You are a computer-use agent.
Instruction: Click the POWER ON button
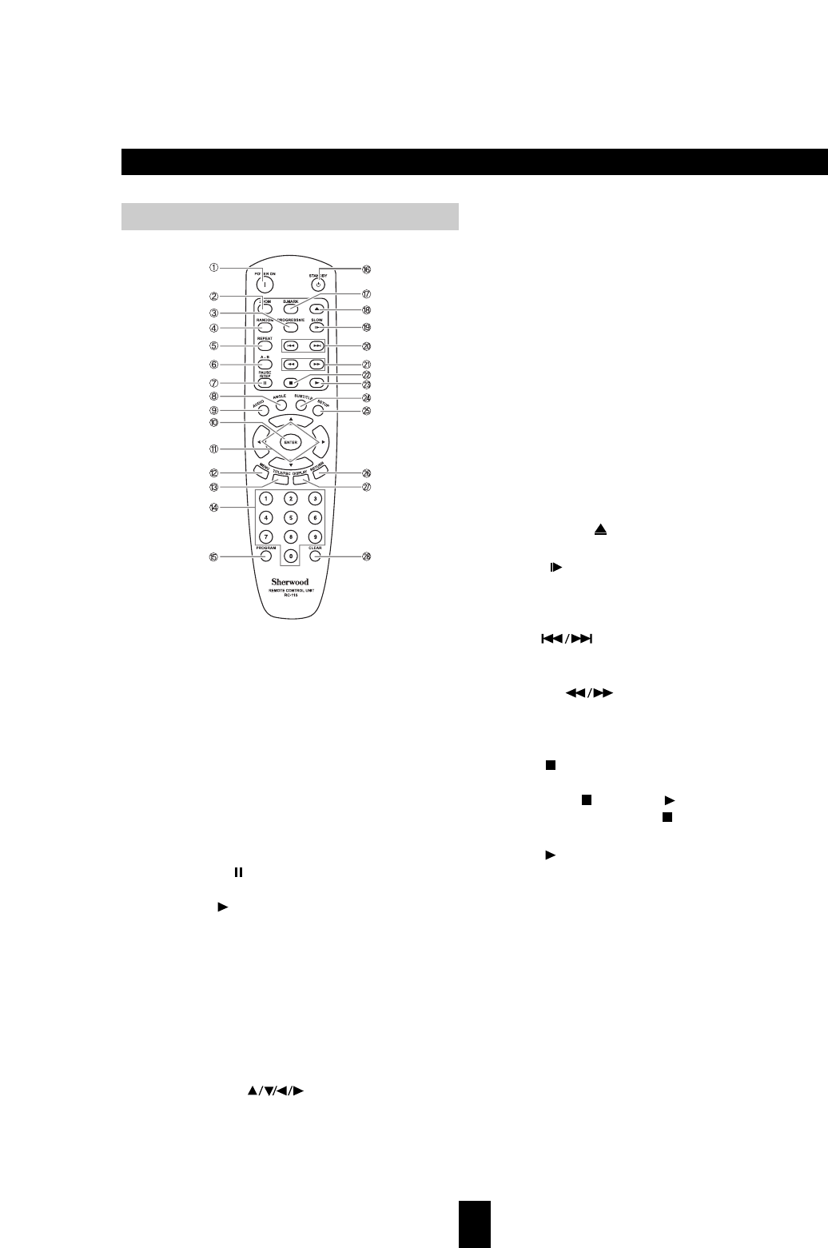[263, 285]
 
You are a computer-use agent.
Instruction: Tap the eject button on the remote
[316, 309]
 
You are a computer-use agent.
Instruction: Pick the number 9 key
[315, 536]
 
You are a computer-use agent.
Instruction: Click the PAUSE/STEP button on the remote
[265, 382]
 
